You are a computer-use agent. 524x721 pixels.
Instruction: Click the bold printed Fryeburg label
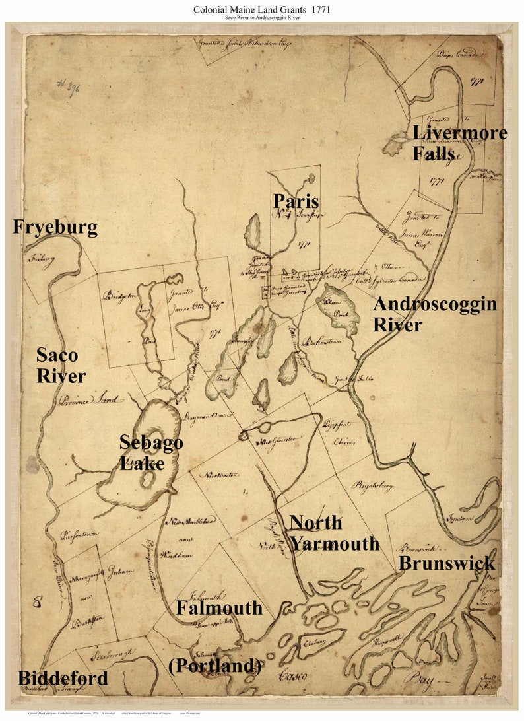[55, 228]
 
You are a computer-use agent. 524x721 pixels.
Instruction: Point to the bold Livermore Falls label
[459, 143]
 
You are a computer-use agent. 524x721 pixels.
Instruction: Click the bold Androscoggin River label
[434, 314]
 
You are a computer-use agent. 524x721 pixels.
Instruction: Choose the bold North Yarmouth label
[334, 533]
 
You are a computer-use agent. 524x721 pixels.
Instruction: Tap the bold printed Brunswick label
[446, 563]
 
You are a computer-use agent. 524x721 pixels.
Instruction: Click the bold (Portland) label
[215, 666]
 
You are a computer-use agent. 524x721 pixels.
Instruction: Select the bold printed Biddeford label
[63, 678]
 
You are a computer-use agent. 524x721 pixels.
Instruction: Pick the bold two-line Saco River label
[61, 366]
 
